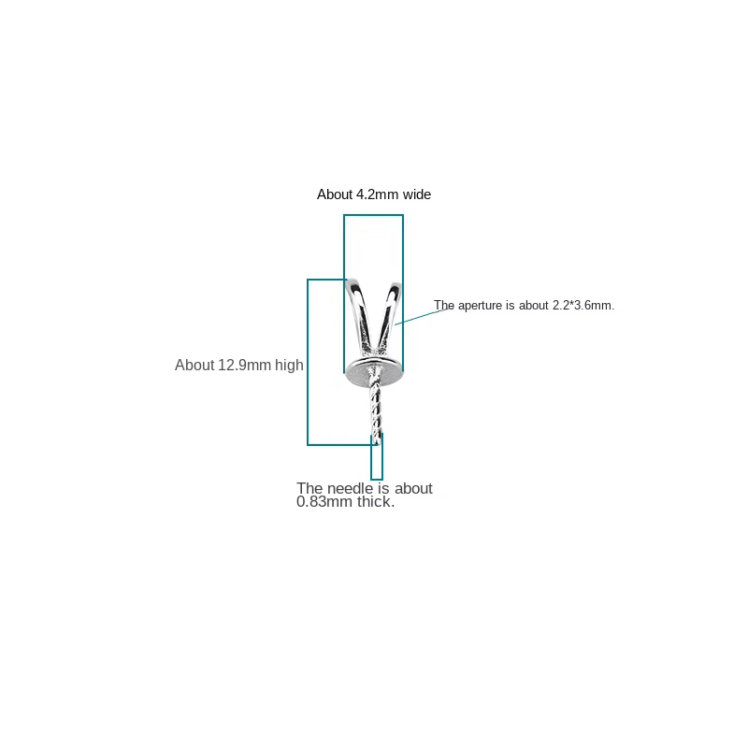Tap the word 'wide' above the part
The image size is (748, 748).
coord(417,194)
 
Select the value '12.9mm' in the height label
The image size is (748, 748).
coord(244,365)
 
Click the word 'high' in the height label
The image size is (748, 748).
coord(289,365)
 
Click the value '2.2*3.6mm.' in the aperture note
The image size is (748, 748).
coord(583,306)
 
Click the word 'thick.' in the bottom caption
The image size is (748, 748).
coord(376,502)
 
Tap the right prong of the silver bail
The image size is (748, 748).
coord(388,315)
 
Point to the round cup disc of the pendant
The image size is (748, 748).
coord(374,373)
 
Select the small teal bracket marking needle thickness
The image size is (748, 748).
coord(377,457)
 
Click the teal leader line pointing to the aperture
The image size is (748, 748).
coord(424,316)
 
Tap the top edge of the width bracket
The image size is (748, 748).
coord(373,215)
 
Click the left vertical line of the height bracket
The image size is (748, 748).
coord(308,362)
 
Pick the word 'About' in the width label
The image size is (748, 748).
coord(335,194)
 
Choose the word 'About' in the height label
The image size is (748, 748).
coord(194,365)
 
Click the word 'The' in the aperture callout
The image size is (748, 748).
coord(444,306)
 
